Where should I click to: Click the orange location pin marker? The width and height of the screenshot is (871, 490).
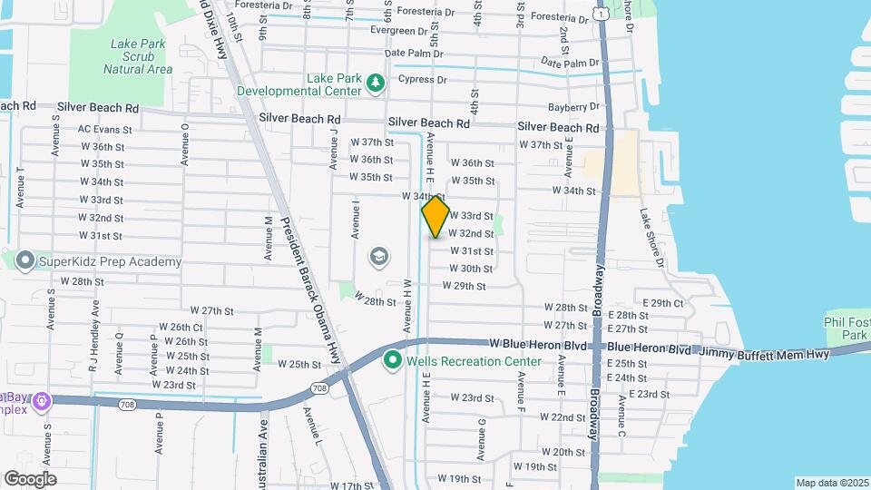[x=435, y=217]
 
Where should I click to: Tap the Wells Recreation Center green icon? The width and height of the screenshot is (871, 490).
[x=393, y=361]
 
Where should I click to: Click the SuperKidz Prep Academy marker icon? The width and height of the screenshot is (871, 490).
[x=24, y=261]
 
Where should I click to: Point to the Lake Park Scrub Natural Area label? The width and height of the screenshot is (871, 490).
[x=138, y=56]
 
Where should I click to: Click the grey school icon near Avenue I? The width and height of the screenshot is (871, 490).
[x=378, y=258]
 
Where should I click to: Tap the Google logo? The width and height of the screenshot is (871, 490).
[x=30, y=479]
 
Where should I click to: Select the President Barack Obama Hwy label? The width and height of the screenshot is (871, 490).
[x=312, y=294]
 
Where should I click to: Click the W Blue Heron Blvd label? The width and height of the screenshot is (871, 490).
[x=538, y=344]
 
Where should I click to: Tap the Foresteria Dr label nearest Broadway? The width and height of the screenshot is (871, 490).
[x=566, y=16]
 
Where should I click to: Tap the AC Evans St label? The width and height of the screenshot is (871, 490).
[x=105, y=130]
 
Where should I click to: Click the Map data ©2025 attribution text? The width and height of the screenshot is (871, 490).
[x=832, y=483]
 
